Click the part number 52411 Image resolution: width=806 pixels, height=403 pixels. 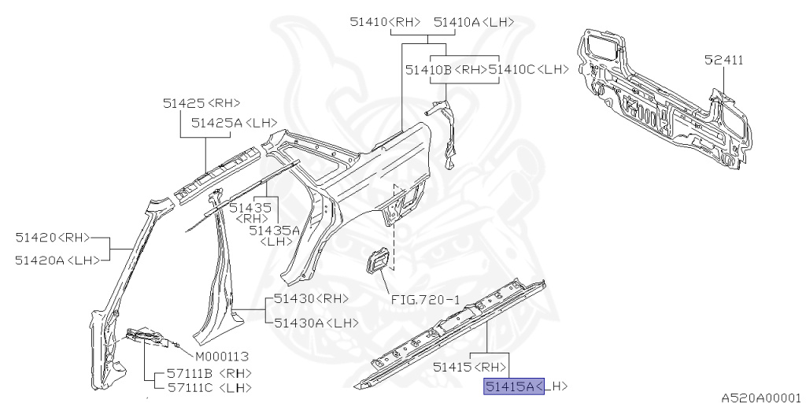(x=724, y=60)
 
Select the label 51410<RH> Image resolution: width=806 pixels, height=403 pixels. (x=385, y=22)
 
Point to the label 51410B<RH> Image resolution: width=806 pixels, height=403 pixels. (x=446, y=70)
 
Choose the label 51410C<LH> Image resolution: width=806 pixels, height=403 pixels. (x=528, y=70)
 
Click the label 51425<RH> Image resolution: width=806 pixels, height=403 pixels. (x=201, y=103)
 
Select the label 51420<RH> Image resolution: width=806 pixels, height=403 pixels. (x=52, y=237)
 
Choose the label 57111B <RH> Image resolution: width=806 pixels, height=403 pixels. (x=208, y=372)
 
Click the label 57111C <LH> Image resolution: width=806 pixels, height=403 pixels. (x=208, y=387)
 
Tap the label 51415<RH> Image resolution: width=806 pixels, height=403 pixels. (x=468, y=367)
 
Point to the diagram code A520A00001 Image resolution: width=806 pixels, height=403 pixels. (x=761, y=397)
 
